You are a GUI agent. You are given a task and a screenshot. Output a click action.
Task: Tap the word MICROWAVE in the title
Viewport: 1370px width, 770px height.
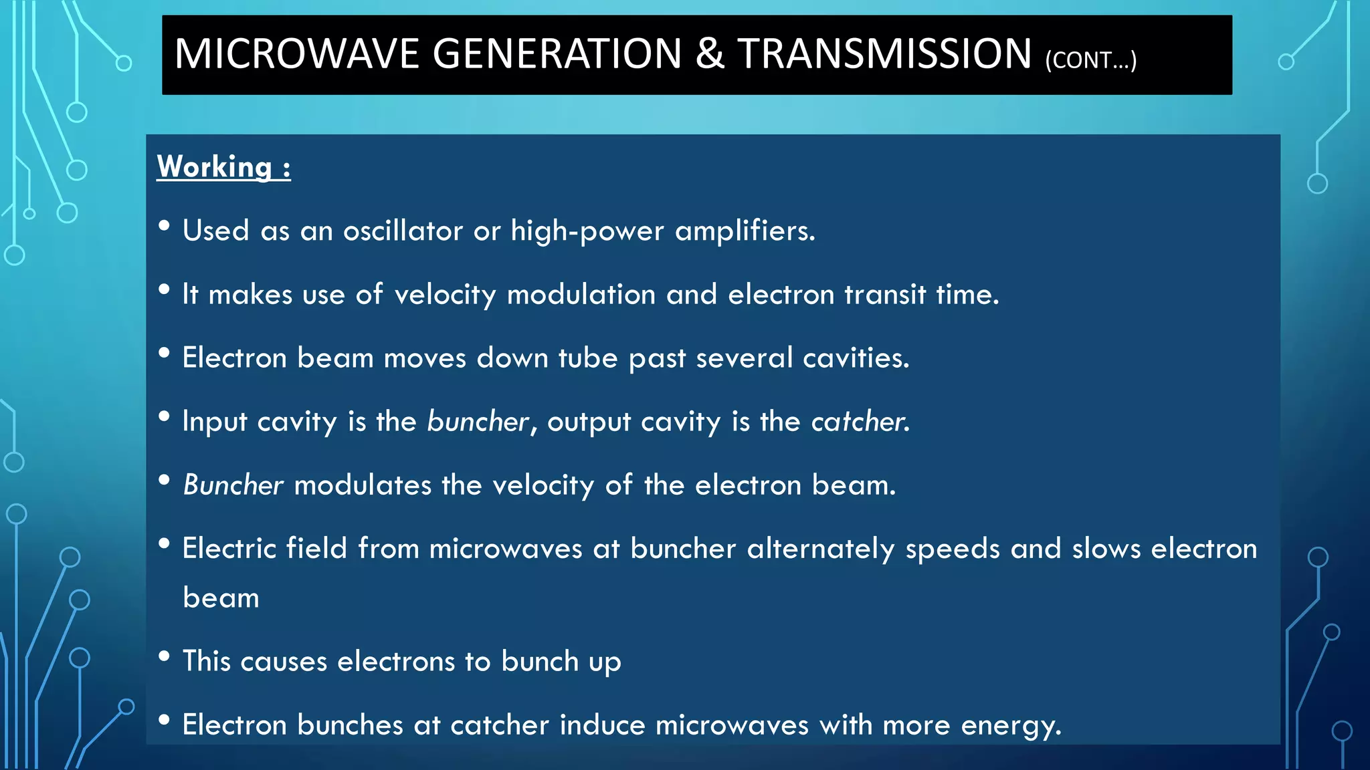pos(296,54)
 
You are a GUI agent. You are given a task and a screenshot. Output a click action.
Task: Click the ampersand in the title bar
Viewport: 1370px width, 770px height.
pos(710,54)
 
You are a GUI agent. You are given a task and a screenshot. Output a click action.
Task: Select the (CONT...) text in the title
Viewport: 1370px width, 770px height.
pos(1090,60)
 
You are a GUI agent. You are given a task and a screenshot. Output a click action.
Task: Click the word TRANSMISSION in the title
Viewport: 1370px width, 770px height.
pos(884,54)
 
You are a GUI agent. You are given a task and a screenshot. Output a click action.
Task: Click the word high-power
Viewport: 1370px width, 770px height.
pos(587,231)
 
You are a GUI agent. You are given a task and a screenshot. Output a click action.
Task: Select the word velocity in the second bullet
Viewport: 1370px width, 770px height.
pos(445,295)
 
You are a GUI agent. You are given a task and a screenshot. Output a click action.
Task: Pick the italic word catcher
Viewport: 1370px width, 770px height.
pos(860,422)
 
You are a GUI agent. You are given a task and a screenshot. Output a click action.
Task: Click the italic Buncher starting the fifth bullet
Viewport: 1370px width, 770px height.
pos(233,485)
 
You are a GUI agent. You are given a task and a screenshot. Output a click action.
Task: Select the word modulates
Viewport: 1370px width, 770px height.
pos(363,485)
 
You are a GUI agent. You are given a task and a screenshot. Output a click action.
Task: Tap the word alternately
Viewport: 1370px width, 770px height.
pos(820,549)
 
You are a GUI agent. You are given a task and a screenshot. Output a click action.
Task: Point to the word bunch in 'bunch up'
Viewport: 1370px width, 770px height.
pos(540,662)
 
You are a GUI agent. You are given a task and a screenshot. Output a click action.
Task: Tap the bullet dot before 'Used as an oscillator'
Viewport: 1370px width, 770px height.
pos(164,225)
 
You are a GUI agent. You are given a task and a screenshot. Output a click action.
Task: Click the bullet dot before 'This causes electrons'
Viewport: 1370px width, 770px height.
pos(164,656)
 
